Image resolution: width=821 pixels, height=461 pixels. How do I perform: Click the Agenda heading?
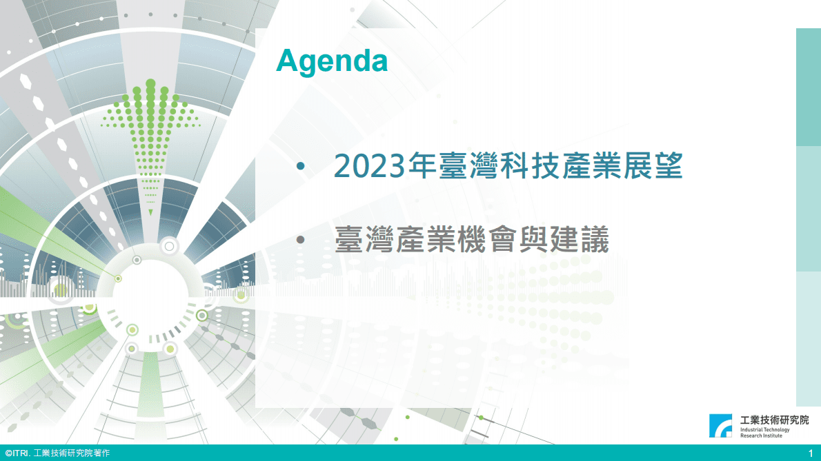point(331,61)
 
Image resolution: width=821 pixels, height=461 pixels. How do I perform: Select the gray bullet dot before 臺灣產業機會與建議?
point(299,240)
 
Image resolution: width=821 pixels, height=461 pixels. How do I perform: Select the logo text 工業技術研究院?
point(774,420)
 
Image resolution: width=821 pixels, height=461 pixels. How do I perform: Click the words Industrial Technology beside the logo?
point(764,429)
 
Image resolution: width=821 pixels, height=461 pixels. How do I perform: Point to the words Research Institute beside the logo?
point(761,436)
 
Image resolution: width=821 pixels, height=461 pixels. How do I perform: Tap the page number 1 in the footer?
point(811,453)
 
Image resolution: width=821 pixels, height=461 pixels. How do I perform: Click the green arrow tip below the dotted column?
point(150,212)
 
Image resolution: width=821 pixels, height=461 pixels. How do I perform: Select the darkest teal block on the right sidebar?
point(808,87)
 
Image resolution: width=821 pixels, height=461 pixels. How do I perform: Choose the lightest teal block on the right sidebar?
point(808,338)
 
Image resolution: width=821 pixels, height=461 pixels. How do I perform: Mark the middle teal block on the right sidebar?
point(808,209)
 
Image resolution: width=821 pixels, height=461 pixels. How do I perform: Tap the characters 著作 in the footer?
point(101,453)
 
